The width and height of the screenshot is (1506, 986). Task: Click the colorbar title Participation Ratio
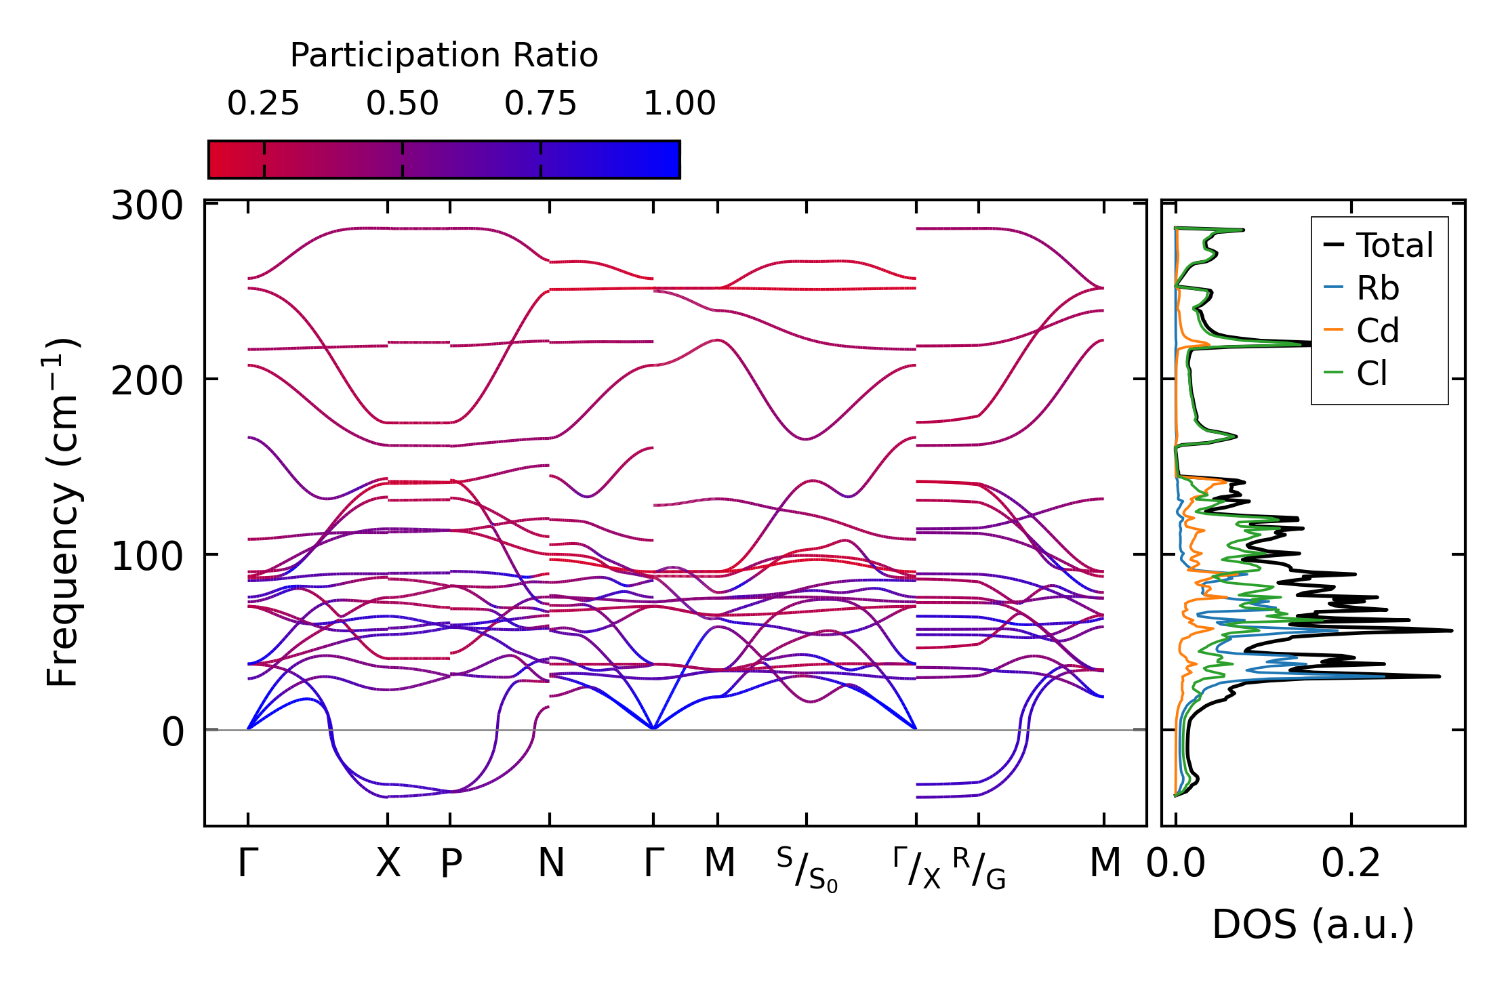pyautogui.click(x=444, y=56)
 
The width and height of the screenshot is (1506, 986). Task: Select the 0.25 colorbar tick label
pyautogui.click(x=263, y=104)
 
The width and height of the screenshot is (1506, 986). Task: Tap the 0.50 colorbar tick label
pyautogui.click(x=403, y=104)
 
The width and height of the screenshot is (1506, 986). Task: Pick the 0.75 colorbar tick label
pyautogui.click(x=540, y=104)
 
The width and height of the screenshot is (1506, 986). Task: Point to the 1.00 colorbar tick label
pyautogui.click(x=679, y=104)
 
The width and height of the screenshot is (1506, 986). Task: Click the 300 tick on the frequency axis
pyautogui.click(x=147, y=205)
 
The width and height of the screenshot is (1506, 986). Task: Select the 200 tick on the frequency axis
pyautogui.click(x=147, y=381)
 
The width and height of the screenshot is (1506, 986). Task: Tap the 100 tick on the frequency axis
pyautogui.click(x=147, y=556)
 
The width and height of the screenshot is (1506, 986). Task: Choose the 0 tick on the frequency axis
pyautogui.click(x=173, y=733)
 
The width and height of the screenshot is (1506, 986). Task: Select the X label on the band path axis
pyautogui.click(x=388, y=864)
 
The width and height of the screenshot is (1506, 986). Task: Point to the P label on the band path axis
pyautogui.click(x=451, y=864)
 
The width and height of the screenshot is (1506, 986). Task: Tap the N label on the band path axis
pyautogui.click(x=551, y=864)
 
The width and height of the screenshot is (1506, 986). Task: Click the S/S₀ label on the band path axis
pyautogui.click(x=807, y=870)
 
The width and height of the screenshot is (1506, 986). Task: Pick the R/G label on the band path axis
pyautogui.click(x=979, y=869)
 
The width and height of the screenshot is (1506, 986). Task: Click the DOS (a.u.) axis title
pyautogui.click(x=1313, y=925)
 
